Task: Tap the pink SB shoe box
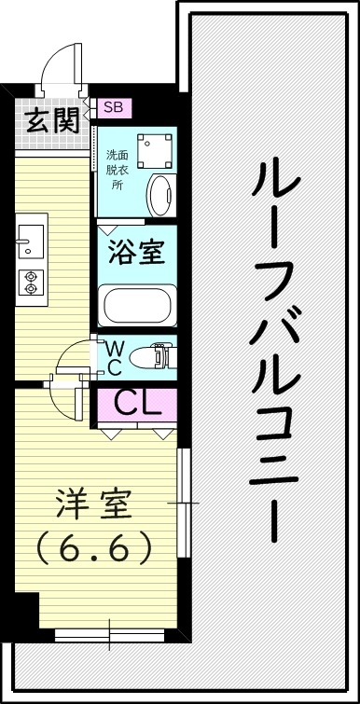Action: click(113, 107)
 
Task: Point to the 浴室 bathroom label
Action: click(137, 254)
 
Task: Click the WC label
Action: click(113, 356)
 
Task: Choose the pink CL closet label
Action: click(137, 403)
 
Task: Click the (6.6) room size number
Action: click(93, 549)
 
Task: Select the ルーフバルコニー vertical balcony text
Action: click(277, 350)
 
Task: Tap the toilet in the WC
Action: click(152, 356)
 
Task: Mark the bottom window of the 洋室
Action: click(108, 636)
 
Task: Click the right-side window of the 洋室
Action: click(184, 504)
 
